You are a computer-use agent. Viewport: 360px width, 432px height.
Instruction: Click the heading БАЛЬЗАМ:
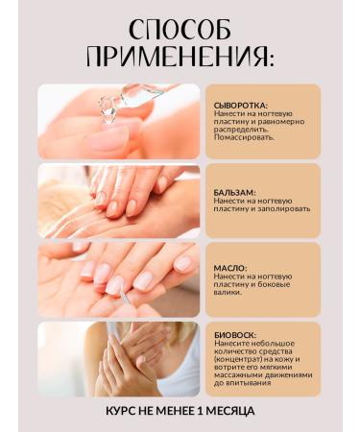coord(235,192)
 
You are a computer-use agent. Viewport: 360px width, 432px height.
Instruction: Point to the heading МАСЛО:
coord(230,268)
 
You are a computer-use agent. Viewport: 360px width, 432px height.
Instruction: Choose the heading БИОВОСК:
coord(236,335)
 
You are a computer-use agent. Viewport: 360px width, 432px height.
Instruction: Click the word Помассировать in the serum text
coord(244,136)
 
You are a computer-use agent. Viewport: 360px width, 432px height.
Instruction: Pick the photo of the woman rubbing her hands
coord(118,358)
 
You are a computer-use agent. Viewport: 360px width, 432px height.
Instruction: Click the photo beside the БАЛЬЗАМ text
coord(118,201)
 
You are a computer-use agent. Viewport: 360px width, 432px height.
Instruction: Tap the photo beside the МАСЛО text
coord(118,279)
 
